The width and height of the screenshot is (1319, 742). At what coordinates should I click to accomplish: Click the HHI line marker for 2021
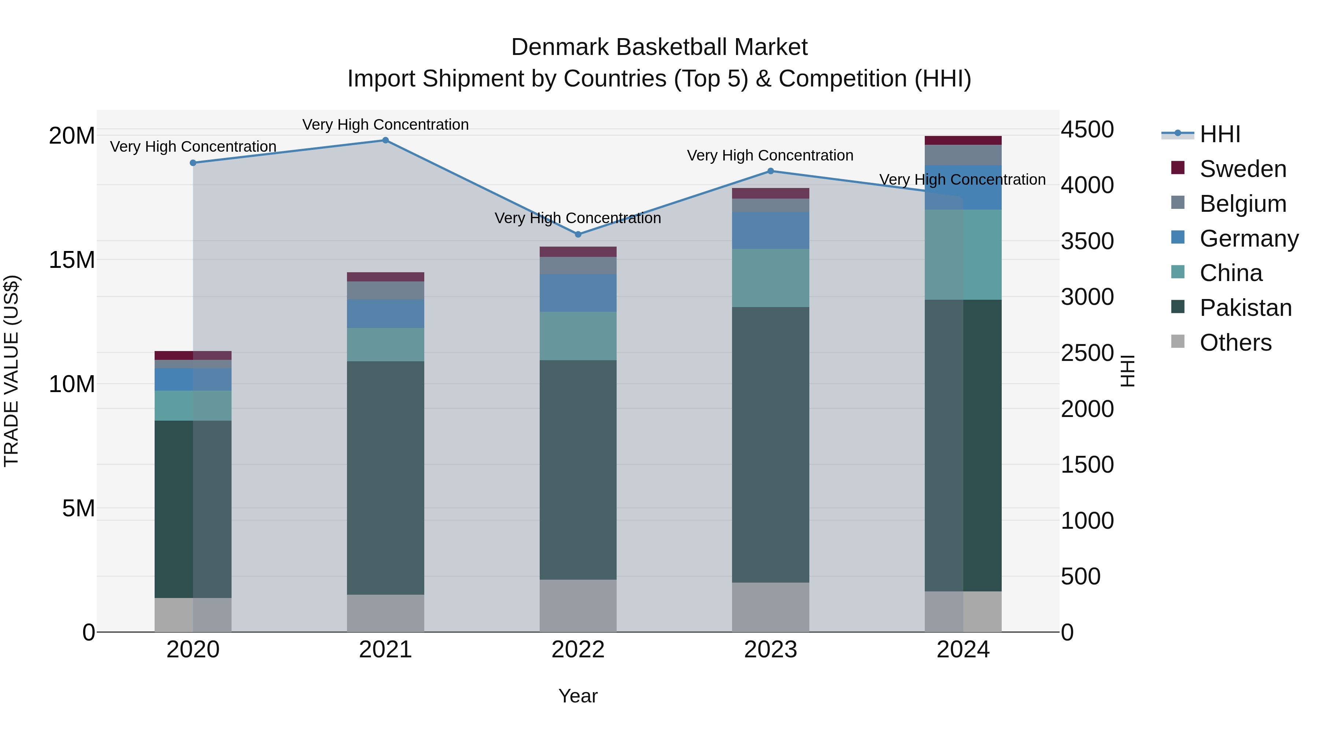coord(385,140)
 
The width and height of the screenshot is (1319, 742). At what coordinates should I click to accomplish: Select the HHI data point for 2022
coord(578,235)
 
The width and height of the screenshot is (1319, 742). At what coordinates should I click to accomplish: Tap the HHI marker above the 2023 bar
coord(771,171)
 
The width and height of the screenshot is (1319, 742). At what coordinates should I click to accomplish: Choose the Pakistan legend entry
coord(1245,308)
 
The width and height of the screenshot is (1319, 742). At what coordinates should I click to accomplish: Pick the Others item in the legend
coord(1235,343)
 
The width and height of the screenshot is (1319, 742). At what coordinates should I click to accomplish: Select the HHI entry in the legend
coord(1220,134)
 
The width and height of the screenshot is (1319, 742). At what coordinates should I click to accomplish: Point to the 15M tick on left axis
coord(72,260)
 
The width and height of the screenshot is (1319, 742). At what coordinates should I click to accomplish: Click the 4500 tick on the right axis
coord(1087,130)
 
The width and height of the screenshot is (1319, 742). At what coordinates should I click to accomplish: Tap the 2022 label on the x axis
coord(578,650)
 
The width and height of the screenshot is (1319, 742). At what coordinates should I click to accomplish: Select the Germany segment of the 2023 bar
coord(771,230)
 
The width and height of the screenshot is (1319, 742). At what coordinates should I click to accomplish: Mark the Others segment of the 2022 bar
coord(578,605)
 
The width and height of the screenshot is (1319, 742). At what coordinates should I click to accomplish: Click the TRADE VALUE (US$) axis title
coord(11,371)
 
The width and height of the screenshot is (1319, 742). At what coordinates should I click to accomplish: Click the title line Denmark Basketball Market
coord(659,47)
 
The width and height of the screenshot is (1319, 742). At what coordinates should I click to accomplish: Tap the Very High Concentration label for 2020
coord(193,147)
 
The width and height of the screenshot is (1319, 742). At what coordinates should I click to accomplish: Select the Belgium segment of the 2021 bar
coord(385,290)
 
